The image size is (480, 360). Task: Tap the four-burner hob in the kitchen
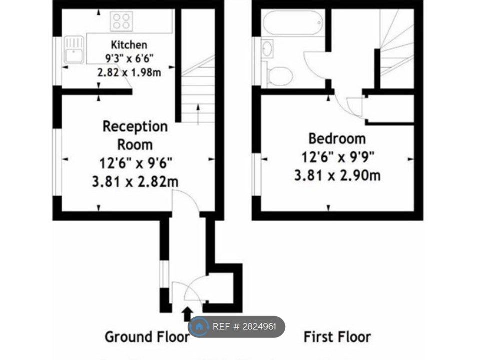coord(121,21)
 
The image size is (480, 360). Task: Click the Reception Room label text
coord(135,135)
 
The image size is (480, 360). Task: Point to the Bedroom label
coord(336,138)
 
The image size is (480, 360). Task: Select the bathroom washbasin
coord(268,49)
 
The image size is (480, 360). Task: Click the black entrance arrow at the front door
coord(187,314)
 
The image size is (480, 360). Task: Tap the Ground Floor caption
coord(147,337)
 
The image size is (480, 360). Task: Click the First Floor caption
coord(337,337)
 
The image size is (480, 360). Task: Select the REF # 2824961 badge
coord(237,327)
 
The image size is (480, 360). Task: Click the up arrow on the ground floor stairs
coord(199,114)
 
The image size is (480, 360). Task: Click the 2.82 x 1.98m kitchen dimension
coord(129,72)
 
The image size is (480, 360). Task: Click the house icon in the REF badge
coord(199,327)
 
